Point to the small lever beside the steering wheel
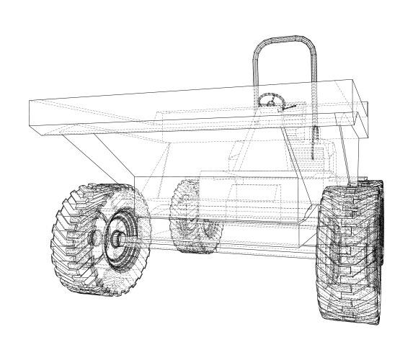290,108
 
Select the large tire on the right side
350,252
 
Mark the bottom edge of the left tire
101,293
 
